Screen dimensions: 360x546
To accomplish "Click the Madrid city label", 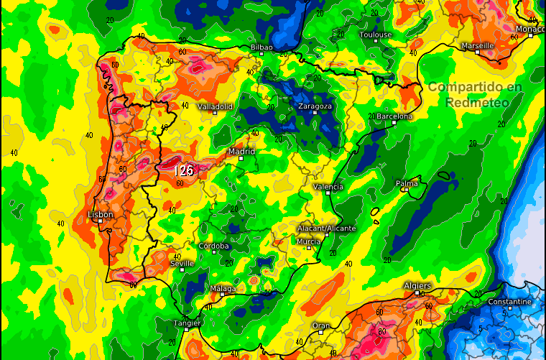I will [241, 152].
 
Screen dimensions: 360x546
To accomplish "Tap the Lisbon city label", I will [100, 215].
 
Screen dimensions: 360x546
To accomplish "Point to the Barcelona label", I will [394, 116].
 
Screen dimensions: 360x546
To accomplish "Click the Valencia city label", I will [328, 187].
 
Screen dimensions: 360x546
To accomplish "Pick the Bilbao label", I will [262, 47].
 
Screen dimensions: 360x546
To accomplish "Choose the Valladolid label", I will [216, 106].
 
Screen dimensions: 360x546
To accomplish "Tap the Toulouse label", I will [376, 34].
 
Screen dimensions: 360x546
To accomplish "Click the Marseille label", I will [478, 45].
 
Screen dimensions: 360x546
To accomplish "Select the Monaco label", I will [528, 29].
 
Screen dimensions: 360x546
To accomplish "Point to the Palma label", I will [407, 184].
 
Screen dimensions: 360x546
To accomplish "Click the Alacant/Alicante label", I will [326, 228].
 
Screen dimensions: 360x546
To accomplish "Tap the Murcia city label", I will [309, 241].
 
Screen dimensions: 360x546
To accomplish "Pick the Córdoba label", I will [214, 246].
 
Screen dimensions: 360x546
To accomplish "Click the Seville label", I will [182, 264].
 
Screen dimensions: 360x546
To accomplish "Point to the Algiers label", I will [417, 286].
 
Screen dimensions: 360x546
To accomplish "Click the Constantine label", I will [509, 302].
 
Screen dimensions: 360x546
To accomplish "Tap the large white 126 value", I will [185, 170].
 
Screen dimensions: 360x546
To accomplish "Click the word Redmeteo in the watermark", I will [476, 102].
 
